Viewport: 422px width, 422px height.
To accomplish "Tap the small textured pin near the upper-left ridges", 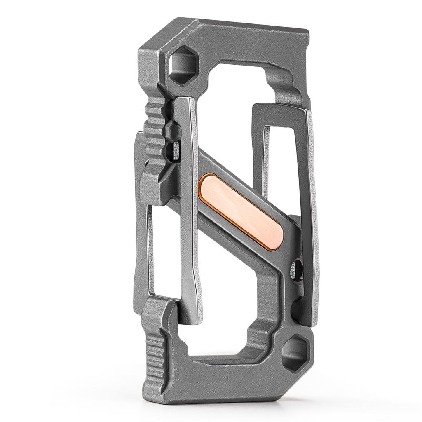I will tap(176, 151).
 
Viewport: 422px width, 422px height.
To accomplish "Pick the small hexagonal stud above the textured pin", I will tap(170, 131).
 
